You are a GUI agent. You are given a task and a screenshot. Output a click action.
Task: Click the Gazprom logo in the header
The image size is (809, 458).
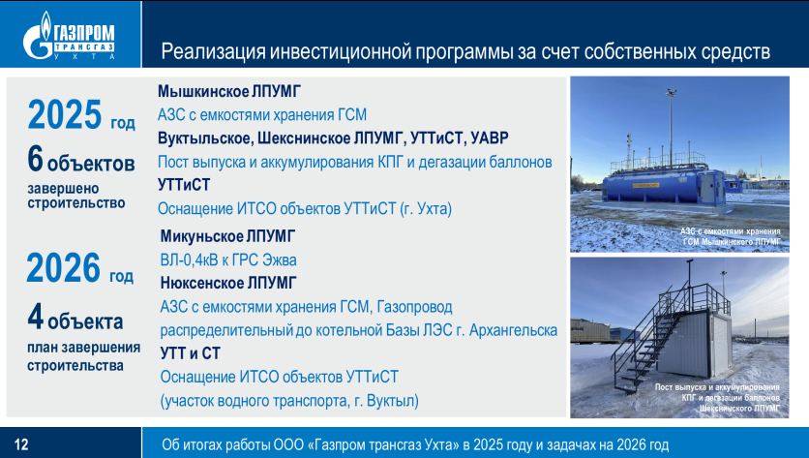69,35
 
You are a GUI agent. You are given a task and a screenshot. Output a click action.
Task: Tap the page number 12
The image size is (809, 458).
21,444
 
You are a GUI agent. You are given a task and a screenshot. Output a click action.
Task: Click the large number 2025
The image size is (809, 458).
65,114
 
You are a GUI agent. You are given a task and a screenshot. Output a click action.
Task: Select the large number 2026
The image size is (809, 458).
63,267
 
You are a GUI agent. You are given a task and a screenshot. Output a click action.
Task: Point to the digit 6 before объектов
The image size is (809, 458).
35,158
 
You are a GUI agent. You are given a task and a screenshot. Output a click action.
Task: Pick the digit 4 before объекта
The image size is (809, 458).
35,316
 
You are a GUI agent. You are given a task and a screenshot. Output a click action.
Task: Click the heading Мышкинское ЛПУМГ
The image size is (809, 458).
229,91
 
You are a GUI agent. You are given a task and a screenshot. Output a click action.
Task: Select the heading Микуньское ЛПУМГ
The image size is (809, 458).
227,236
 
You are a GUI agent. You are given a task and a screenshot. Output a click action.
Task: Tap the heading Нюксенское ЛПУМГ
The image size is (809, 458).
228,283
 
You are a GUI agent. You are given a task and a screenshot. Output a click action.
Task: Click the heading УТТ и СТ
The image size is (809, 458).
191,353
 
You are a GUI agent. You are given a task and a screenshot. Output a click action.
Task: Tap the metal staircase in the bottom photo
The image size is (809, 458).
651,341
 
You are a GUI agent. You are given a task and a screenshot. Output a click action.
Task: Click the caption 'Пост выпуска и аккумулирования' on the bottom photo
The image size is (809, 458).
717,387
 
